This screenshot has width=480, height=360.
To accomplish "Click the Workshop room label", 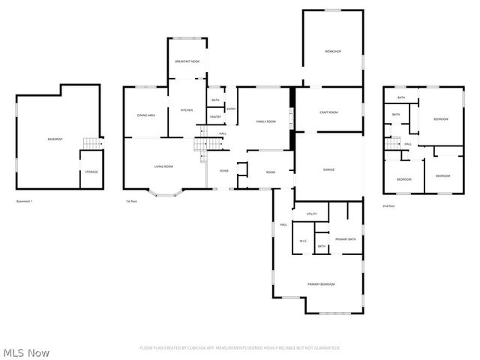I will [333, 51].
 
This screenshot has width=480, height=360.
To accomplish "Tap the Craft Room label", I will [328, 112].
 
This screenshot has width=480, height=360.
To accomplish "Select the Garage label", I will [328, 169].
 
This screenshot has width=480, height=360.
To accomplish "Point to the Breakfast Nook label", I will [187, 61].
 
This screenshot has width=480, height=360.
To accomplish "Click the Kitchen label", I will [187, 110].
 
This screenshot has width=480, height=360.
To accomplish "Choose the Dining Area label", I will [145, 115].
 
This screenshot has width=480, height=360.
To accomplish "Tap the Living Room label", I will [163, 166].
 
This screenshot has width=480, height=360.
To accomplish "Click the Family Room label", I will [265, 121].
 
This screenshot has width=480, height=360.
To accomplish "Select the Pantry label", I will [215, 116].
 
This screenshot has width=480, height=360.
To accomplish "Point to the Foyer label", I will [223, 171].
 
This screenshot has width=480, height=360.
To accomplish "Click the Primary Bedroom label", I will [320, 284].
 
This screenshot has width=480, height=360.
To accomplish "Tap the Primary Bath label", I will [346, 238].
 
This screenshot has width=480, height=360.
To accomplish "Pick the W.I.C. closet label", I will [303, 241].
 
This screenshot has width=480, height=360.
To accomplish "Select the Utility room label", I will [312, 214].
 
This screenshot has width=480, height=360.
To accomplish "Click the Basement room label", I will [55, 139].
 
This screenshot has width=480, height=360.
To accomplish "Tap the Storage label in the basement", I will [91, 172].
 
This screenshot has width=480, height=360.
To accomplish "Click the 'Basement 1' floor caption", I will [25, 201].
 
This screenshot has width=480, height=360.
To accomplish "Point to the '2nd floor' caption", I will [388, 205].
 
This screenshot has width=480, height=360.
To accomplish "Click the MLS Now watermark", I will [26, 352].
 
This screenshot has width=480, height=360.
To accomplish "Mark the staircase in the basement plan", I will [91, 143].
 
